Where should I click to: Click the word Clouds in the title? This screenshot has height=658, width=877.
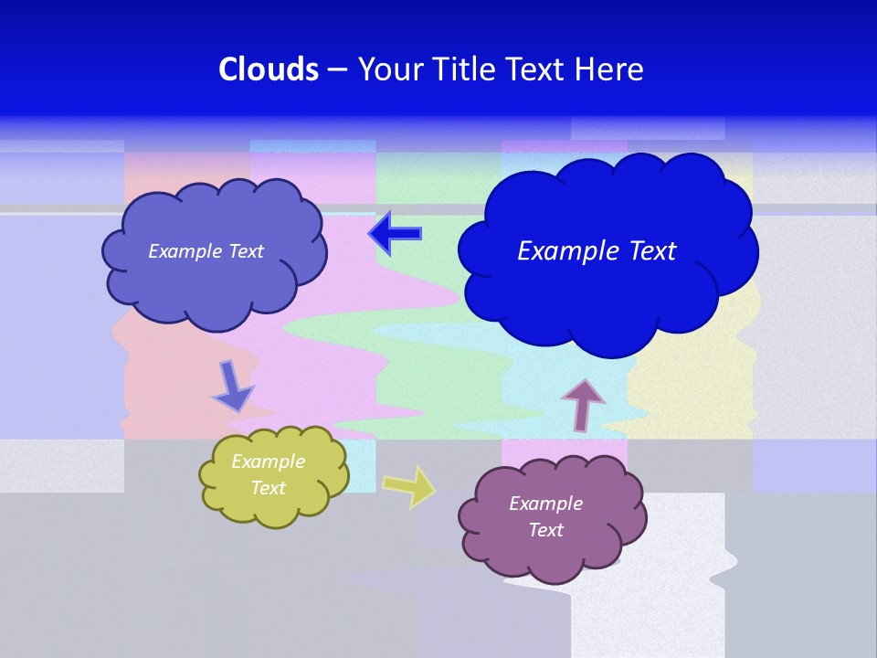click(269, 69)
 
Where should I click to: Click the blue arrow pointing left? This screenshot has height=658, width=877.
click(395, 234)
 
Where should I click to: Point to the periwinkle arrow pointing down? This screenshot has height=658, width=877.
click(233, 386)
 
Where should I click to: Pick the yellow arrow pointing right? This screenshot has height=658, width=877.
click(409, 485)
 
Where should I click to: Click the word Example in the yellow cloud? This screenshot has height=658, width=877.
click(268, 462)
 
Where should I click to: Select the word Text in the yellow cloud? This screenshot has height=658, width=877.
click(268, 488)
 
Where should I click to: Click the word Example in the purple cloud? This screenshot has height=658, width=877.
click(545, 504)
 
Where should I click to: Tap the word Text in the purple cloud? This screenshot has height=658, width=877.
click(545, 530)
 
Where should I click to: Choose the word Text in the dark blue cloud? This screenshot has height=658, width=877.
click(650, 251)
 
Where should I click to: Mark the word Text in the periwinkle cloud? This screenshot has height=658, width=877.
click(246, 251)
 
